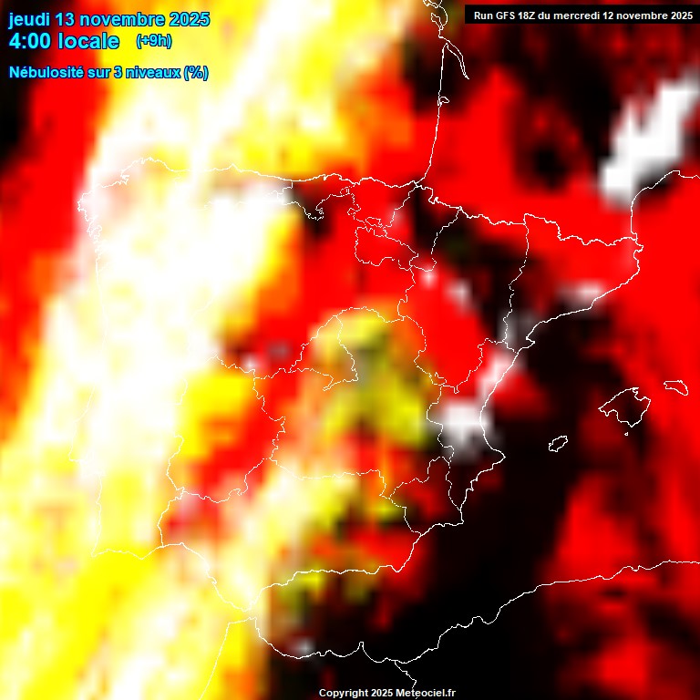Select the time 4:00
coord(31,42)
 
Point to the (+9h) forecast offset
coord(153,41)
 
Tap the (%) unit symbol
coord(195,73)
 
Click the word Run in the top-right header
coord(482,15)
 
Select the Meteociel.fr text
coord(430,694)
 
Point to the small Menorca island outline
coord(674,386)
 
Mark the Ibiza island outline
coord(558,444)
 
